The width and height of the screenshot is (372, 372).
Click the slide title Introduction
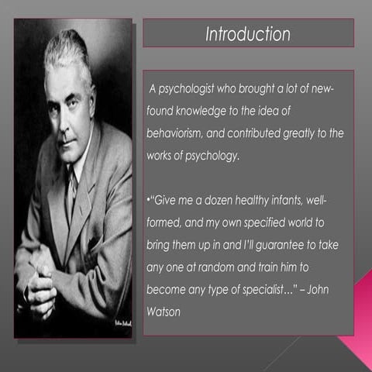(248, 35)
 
